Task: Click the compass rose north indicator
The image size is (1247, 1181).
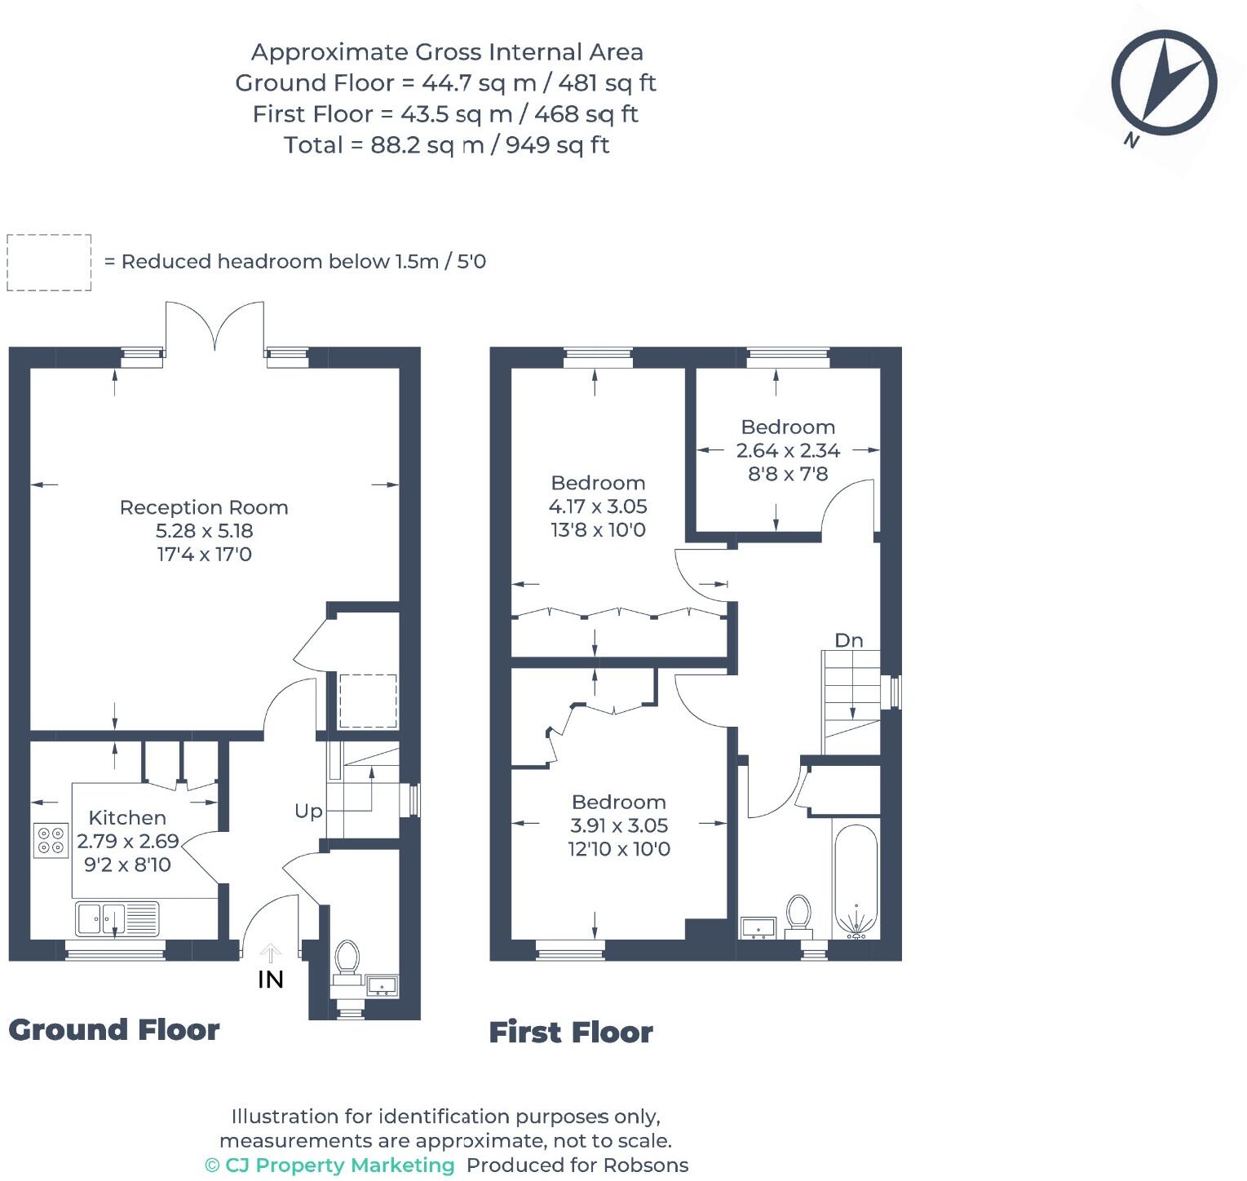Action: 1164,82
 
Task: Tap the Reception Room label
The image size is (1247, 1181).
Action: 204,507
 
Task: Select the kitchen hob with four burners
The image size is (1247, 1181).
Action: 51,840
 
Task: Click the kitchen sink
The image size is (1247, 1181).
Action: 117,918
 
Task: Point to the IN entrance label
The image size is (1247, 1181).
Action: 271,979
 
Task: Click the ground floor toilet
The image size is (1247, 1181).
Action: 347,959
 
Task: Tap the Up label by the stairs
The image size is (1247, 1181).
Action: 308,811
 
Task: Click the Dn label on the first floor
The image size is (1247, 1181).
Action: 848,640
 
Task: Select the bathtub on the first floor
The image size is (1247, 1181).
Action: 856,882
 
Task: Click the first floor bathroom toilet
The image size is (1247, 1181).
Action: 798,914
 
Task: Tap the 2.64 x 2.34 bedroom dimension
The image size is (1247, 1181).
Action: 788,450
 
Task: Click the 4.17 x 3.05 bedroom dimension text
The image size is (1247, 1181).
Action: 598,506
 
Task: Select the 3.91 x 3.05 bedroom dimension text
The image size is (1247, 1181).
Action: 619,825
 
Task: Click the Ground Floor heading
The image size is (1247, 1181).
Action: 114,1030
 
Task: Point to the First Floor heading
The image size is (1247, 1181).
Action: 571,1032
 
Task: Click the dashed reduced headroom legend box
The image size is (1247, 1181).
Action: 49,262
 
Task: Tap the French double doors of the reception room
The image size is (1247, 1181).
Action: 215,328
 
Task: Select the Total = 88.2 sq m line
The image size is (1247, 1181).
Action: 446,145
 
